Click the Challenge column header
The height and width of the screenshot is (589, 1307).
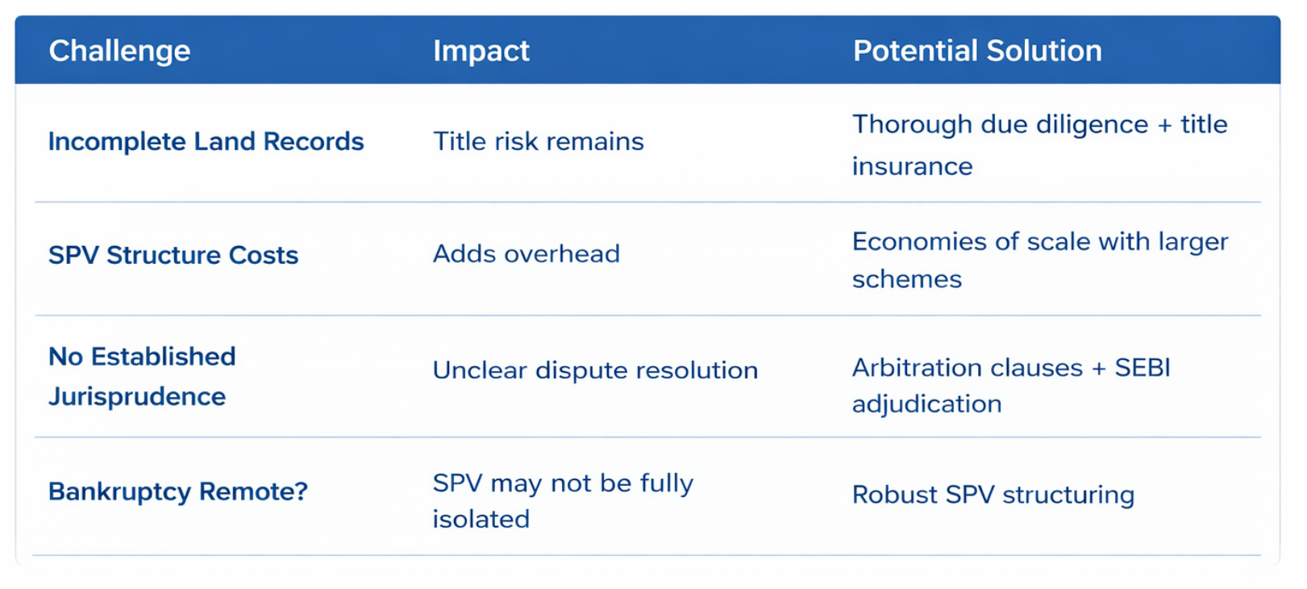coord(119,51)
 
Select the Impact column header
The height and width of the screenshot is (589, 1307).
coord(481,51)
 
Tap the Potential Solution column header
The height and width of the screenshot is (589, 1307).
coord(977,51)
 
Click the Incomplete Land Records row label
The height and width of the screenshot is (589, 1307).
coord(206,141)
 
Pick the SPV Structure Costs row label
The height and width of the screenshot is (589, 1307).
coord(173,255)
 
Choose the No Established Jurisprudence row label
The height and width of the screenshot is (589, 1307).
coord(142,377)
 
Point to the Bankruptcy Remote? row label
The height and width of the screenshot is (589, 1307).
coord(178,491)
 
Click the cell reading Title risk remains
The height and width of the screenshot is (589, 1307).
coord(539,141)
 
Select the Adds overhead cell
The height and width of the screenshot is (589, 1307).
coord(527,254)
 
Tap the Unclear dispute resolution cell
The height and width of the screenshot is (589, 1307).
coord(595,370)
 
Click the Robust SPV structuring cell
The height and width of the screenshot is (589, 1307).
coord(993,495)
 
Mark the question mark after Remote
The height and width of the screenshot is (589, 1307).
coord(301,491)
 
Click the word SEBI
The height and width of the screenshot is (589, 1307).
coord(1143,368)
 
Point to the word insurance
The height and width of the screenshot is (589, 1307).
coord(913,166)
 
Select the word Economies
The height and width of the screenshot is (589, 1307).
coord(919,242)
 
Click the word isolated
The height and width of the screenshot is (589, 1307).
coord(481,519)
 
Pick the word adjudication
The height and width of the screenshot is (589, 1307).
coord(927,404)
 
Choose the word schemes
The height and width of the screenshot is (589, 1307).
coord(907,279)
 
